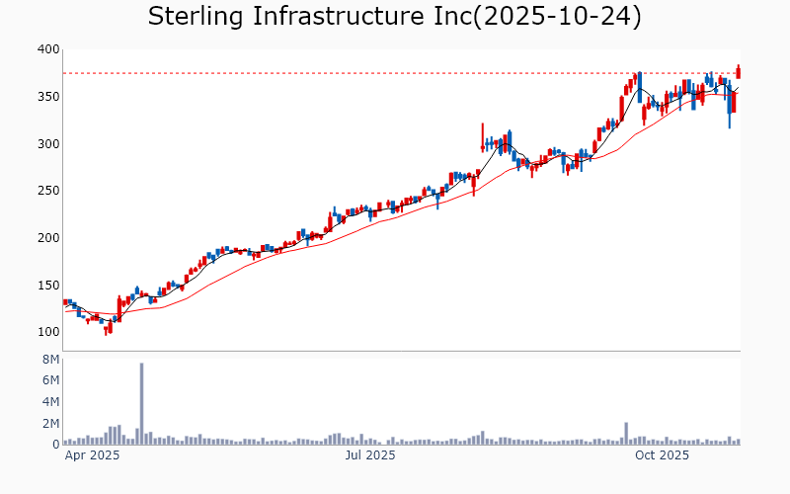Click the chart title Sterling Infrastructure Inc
click(308, 17)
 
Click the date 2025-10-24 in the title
click(559, 17)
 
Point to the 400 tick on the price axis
click(47, 49)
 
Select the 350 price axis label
click(47, 97)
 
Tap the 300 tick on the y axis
click(47, 143)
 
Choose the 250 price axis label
click(47, 191)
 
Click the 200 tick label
click(47, 238)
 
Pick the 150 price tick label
click(47, 285)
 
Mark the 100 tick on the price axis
click(47, 332)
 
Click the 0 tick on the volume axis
click(55, 445)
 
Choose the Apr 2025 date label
click(92, 455)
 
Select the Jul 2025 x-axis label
click(370, 455)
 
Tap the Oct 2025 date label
click(662, 455)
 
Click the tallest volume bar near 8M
click(141, 403)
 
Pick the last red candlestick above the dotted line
click(738, 72)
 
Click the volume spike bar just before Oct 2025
click(626, 434)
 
